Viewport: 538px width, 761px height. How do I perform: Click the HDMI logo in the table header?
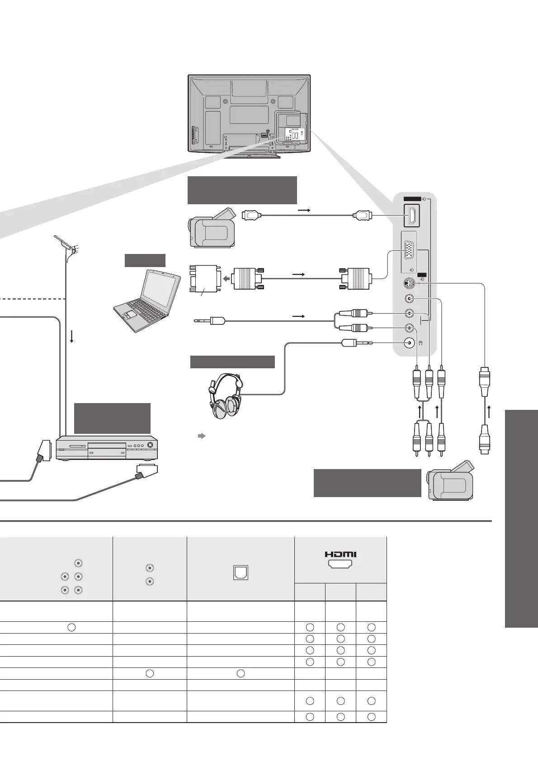click(340, 554)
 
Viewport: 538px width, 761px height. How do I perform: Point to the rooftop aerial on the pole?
click(66, 244)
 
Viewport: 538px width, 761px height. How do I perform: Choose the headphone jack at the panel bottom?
click(409, 343)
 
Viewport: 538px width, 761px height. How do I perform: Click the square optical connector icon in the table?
click(241, 573)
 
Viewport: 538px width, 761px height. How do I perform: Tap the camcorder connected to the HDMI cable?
click(212, 228)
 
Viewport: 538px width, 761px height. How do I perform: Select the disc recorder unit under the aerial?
click(107, 447)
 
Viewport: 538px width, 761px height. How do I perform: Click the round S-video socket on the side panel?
click(409, 284)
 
